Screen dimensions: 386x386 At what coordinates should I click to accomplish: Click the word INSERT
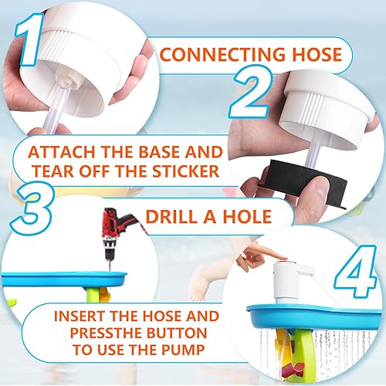[x=85, y=317]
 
